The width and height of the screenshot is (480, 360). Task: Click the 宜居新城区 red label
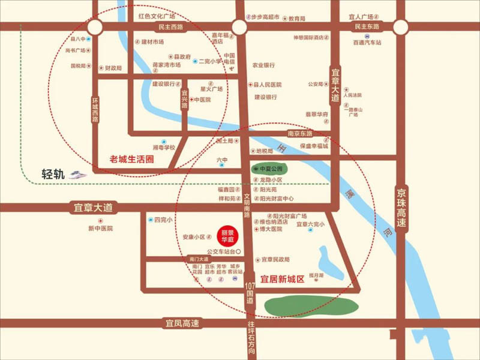(283, 279)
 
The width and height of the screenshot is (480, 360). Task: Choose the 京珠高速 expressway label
(401, 208)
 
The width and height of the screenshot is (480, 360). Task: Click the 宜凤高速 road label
(182, 323)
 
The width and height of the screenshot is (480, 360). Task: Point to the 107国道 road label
(250, 296)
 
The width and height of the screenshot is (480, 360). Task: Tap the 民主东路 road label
(367, 27)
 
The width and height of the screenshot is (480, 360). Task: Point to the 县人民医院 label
(267, 85)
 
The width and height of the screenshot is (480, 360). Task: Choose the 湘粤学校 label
(163, 147)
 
